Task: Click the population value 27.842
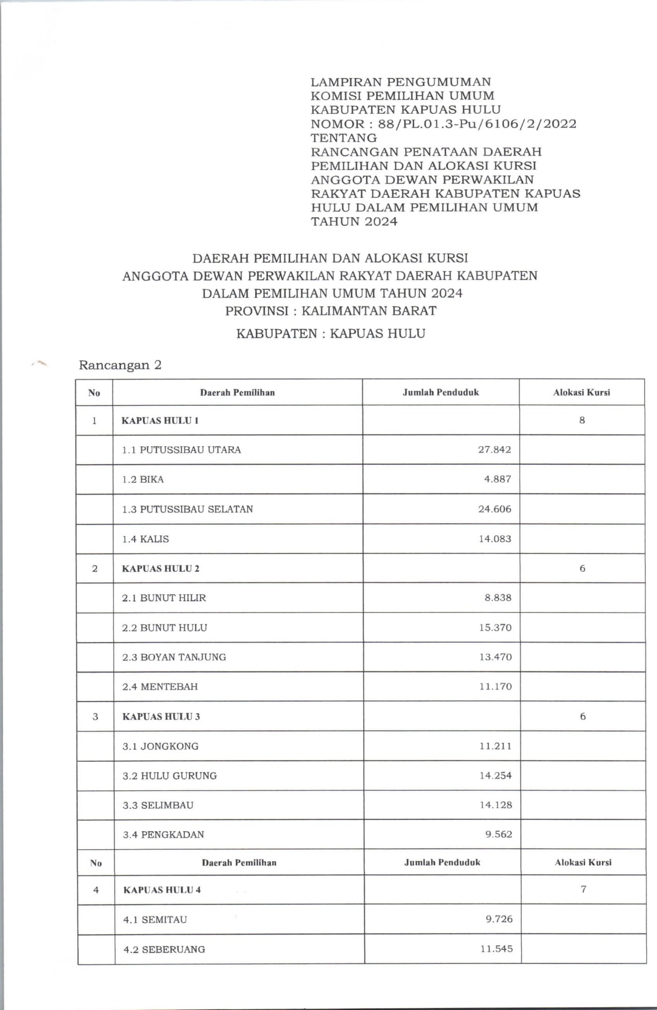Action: coord(494,450)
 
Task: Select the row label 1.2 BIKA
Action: coord(143,480)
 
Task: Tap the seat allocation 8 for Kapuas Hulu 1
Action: coord(582,420)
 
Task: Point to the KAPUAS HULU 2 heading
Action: coord(161,569)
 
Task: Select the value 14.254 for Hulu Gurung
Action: coord(495,776)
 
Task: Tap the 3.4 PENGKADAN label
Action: coord(163,835)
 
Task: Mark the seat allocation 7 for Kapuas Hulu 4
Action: coord(583,890)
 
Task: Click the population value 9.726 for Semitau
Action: coord(499,920)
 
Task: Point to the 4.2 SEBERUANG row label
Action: coord(164,950)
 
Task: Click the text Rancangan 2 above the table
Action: coord(120,365)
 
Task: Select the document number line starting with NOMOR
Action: coord(443,124)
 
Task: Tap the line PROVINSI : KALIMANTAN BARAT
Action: coord(331,311)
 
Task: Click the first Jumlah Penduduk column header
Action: coord(441,392)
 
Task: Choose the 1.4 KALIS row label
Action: coord(146,539)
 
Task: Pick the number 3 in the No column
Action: coord(95,717)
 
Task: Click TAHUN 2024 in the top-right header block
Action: coord(354,222)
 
